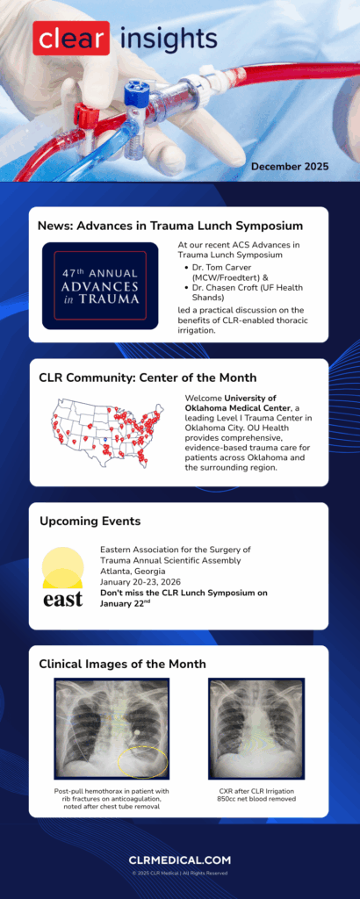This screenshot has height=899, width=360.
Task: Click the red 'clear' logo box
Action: [x=71, y=39]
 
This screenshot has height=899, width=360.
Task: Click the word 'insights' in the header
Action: [x=168, y=39]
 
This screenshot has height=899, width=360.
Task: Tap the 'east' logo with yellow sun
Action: [x=63, y=579]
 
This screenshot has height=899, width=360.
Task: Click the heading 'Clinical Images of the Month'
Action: [x=122, y=664]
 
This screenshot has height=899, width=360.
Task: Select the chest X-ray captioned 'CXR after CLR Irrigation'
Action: [x=256, y=728]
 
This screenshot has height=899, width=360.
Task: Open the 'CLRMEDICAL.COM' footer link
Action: [x=179, y=860]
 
